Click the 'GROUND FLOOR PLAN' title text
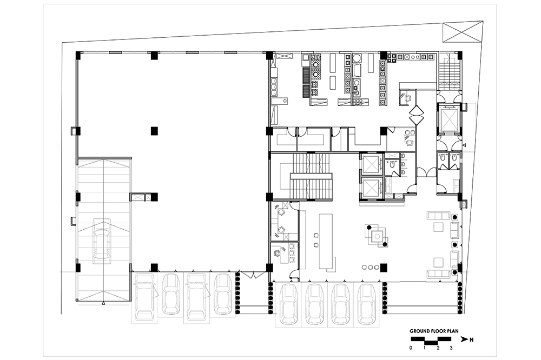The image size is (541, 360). pos(434,331)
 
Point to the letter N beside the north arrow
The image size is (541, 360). pos(471,339)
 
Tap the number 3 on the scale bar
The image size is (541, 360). pos(451,348)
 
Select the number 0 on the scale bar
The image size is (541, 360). pos(411,348)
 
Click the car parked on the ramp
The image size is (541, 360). pos(102,242)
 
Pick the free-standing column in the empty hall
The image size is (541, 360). pos(154,131)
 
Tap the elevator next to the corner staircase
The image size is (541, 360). pos(449,118)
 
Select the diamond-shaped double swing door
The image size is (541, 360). pos(417,114)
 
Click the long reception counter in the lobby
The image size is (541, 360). pos(326,242)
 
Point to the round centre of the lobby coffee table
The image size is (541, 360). pos(378,236)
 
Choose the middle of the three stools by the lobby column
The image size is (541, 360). pos(370,267)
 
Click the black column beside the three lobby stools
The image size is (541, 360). pos(384,267)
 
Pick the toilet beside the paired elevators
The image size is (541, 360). pos(392,165)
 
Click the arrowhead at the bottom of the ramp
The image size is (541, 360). pos(103,303)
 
